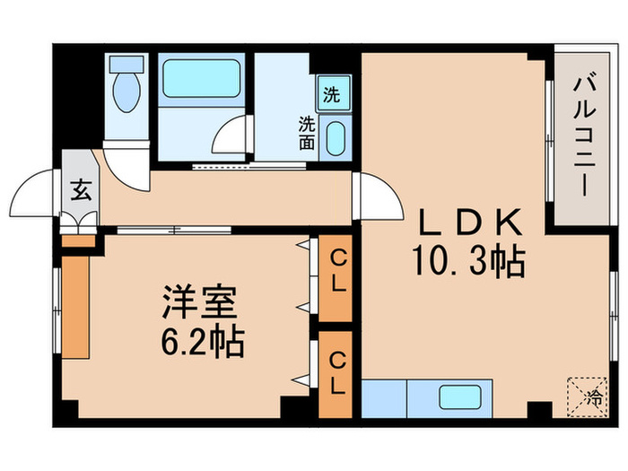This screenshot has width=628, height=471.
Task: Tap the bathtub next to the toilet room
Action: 201,82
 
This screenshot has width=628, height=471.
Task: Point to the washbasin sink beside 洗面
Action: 334,139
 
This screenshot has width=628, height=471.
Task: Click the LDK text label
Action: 467,222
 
